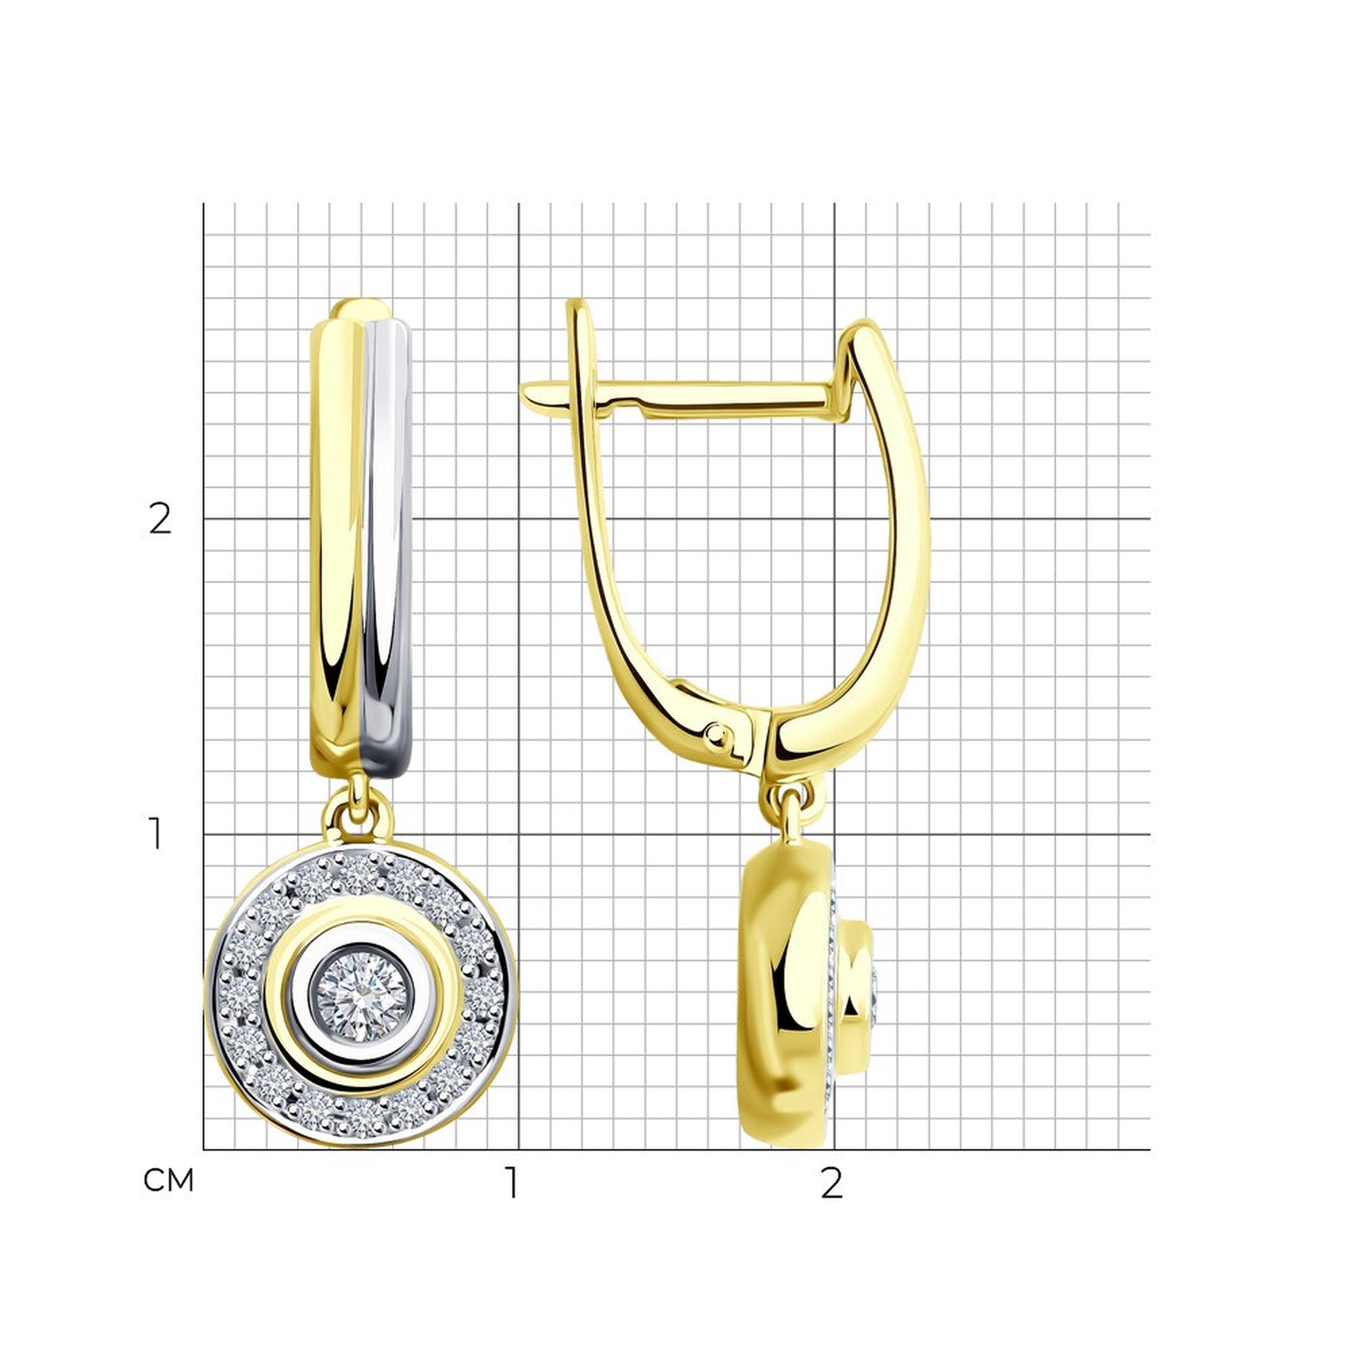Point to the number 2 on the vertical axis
click(x=160, y=519)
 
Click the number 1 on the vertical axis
click(x=157, y=835)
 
